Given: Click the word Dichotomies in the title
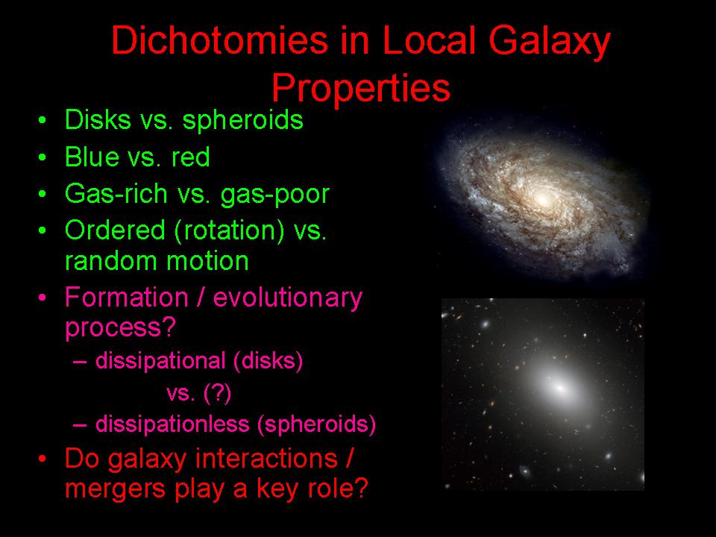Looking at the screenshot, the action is (x=219, y=40).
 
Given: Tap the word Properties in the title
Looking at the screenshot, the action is (x=361, y=89).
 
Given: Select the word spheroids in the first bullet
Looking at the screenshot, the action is (x=243, y=121).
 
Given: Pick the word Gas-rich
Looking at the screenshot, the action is (x=116, y=194).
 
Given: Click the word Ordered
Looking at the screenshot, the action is (x=115, y=230).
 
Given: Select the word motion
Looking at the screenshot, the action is (x=207, y=261).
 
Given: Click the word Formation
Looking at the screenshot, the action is (x=127, y=298).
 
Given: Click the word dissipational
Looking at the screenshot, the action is (x=160, y=362).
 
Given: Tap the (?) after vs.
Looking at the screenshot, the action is (x=217, y=393).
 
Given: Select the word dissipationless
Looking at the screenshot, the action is (x=172, y=424).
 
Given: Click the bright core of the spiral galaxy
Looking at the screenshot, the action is (x=541, y=198).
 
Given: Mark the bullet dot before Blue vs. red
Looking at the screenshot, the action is (x=43, y=157).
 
